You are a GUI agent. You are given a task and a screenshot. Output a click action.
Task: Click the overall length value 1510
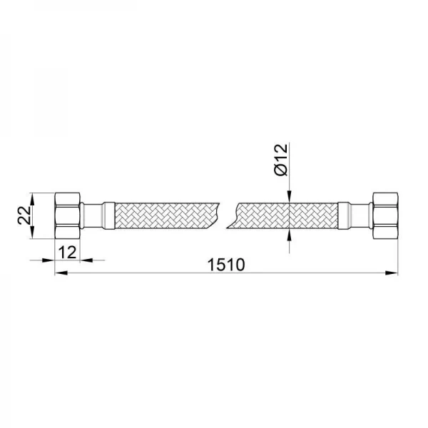pyautogui.click(x=226, y=265)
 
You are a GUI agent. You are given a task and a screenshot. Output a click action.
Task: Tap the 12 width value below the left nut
pyautogui.click(x=68, y=251)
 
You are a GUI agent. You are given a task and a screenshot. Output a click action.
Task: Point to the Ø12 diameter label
pyautogui.click(x=280, y=160)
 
